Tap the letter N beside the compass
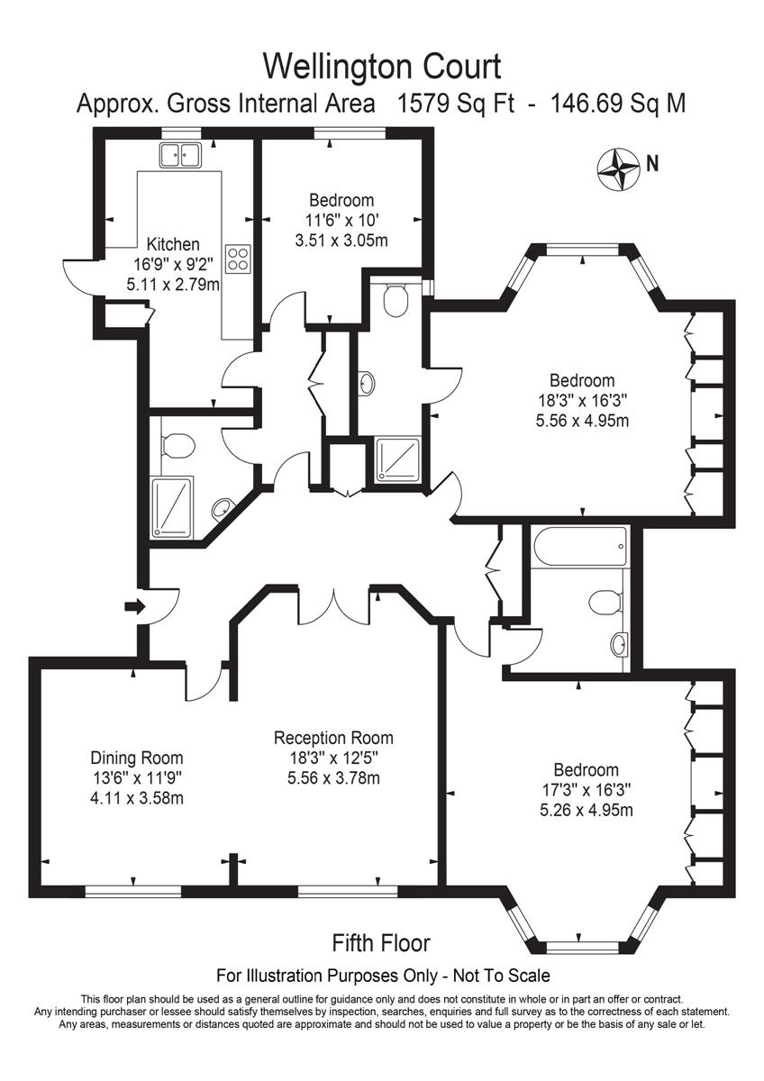click(652, 164)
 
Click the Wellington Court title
click(381, 66)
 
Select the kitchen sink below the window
click(179, 155)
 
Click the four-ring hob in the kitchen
click(238, 259)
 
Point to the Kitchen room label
click(173, 244)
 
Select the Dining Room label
click(137, 758)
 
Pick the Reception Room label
click(333, 738)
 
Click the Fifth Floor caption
click(381, 943)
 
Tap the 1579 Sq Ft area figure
click(457, 104)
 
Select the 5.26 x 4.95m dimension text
click(586, 810)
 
